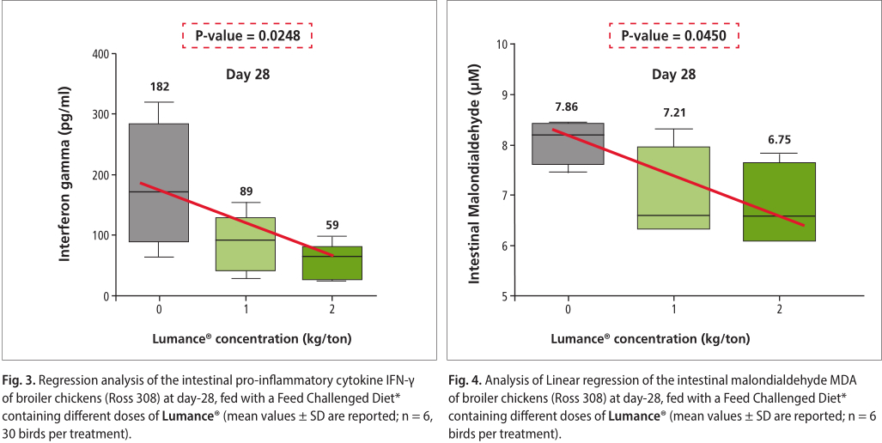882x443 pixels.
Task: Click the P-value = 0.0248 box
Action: pos(246,35)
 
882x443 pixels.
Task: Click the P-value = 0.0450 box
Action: pos(674,35)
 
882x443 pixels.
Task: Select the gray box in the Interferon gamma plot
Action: pos(159,183)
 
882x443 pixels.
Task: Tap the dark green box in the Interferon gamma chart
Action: pos(332,263)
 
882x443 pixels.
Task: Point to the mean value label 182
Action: pos(159,87)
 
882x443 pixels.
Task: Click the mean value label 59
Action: pos(332,225)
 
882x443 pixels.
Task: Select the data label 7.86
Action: pos(566,106)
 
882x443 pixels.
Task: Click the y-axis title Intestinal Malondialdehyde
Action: pos(475,175)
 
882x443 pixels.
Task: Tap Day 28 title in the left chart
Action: pos(247,75)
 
